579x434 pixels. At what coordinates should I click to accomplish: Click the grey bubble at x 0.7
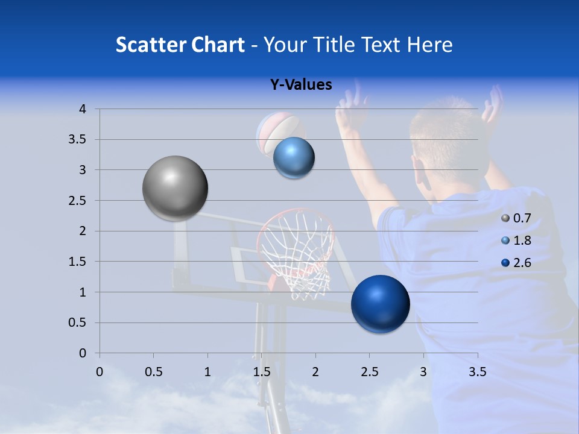coord(175,188)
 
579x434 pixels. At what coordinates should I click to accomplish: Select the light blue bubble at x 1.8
coord(294,158)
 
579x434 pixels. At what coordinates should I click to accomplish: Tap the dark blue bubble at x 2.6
coord(380,304)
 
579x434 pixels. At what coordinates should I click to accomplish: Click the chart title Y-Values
coord(300,85)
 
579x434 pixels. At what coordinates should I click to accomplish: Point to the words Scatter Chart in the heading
coord(180,45)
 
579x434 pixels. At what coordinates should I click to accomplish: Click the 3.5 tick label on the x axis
coord(477,372)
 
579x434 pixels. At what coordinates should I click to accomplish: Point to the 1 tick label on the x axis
coord(207,372)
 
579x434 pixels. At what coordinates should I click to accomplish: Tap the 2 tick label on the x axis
coord(315,372)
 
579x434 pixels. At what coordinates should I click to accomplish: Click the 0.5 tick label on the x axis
coord(153,372)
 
